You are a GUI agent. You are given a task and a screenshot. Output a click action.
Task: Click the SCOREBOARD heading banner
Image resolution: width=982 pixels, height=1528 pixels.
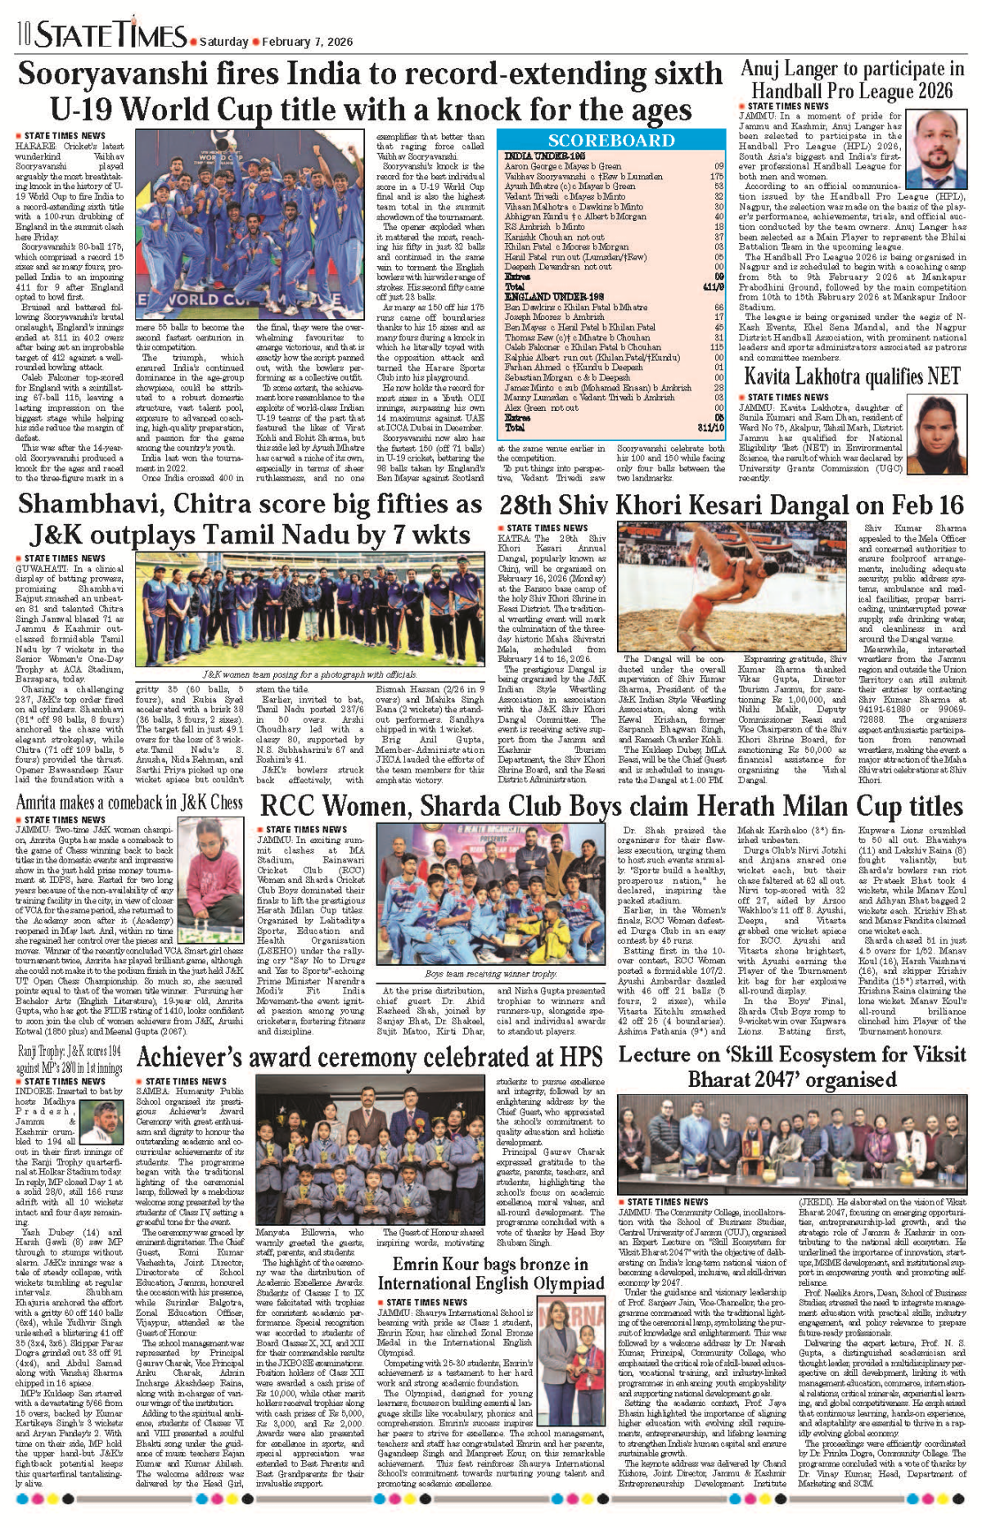611,141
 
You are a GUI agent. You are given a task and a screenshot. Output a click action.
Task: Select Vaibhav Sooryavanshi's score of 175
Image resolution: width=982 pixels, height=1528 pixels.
717,176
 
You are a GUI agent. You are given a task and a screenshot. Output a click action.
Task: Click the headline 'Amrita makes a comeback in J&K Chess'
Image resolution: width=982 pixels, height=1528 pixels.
129,802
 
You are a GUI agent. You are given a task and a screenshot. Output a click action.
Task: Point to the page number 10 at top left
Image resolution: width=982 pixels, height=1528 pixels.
22,35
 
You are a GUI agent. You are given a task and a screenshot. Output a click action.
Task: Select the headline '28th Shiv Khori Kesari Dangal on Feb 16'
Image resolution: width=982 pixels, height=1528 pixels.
732,505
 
